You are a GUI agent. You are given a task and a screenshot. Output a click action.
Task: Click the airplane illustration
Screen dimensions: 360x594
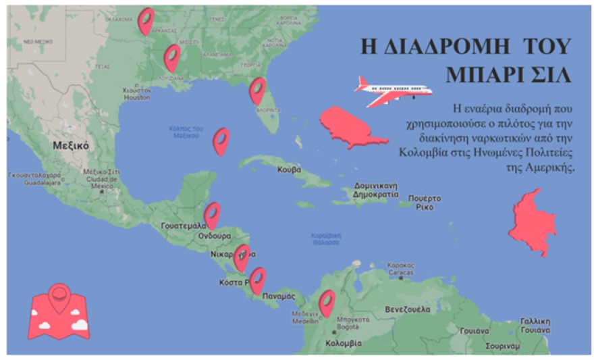[x=393, y=91]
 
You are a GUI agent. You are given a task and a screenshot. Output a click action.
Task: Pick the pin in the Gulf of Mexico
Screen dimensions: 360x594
[x=221, y=141]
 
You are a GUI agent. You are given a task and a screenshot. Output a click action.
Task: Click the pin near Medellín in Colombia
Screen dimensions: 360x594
[x=327, y=303]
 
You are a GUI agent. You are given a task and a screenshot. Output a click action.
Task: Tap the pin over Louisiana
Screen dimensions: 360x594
[x=172, y=57]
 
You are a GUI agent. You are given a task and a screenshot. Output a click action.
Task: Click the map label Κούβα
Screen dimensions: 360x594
[x=289, y=170]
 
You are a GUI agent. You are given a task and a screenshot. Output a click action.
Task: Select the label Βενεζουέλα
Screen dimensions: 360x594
[x=407, y=309]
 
